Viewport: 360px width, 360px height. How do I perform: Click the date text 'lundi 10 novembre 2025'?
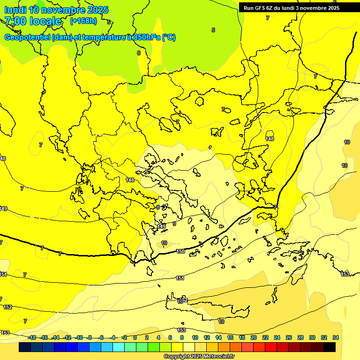56,10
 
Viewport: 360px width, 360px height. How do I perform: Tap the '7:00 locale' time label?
33,21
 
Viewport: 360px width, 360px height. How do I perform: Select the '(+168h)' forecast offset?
83,21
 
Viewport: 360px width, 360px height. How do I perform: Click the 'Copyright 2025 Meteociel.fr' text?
199,356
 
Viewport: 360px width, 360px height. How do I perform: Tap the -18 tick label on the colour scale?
32,337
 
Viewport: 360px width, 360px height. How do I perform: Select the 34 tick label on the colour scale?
336,337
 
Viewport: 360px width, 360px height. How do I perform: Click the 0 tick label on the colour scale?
135,337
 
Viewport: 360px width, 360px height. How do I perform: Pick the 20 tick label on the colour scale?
253,337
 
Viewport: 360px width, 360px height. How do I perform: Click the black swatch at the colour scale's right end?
330,347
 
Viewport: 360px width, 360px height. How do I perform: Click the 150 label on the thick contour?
180,252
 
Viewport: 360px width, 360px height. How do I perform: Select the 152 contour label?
7,307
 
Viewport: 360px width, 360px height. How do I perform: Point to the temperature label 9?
174,224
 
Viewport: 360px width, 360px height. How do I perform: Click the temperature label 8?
158,207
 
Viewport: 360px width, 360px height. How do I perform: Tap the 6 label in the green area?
139,53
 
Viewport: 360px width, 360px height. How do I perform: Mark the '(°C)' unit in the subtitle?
169,37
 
